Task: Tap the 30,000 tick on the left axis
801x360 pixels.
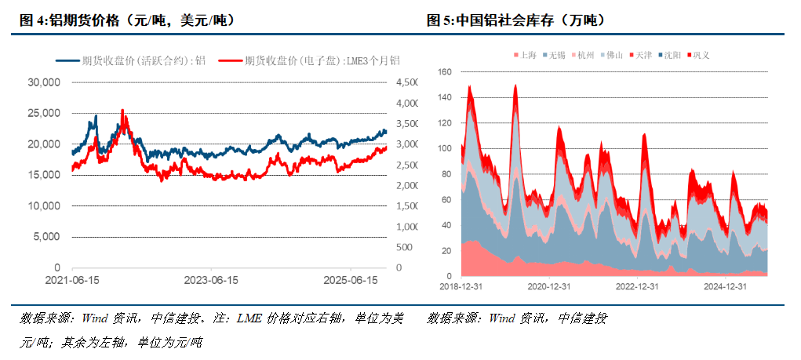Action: coord(44,82)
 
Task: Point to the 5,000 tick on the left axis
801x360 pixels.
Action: coord(47,237)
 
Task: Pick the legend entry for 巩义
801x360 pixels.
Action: coord(699,56)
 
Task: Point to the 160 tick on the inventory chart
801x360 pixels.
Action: coord(445,71)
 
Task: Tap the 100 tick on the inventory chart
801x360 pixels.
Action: coord(445,148)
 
